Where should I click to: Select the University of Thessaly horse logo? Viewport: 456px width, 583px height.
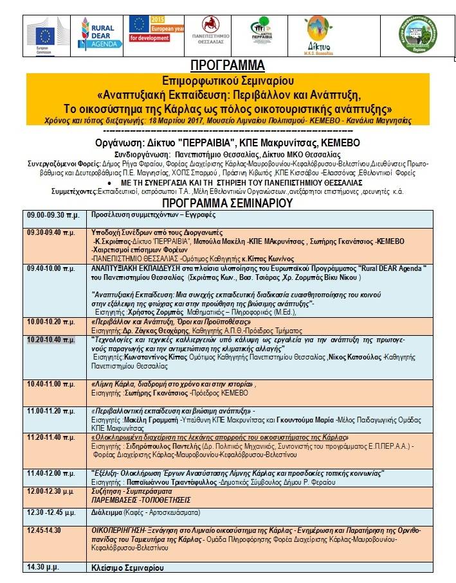tap(210, 33)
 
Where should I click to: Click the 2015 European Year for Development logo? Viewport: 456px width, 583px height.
tap(154, 30)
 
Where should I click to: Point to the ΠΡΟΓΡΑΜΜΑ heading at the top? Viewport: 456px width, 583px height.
tap(228, 66)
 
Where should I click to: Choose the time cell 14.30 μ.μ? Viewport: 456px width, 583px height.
tap(43, 568)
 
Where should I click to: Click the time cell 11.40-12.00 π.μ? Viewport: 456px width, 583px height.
tap(51, 473)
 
